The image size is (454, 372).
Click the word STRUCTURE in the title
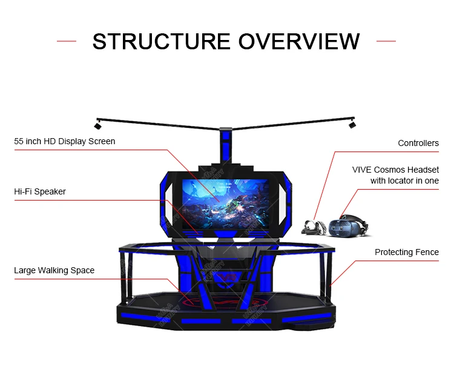click(x=161, y=41)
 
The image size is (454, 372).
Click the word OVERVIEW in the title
click(x=299, y=41)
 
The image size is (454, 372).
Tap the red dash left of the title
click(x=67, y=41)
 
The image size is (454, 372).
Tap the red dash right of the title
click(x=386, y=41)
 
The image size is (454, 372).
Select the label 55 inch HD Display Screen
click(x=65, y=141)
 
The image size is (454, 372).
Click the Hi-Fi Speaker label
click(x=40, y=191)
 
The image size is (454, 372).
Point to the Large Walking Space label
click(x=54, y=270)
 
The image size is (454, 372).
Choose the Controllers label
click(x=418, y=144)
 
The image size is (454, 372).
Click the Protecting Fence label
click(x=407, y=252)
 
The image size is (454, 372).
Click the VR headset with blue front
click(x=347, y=225)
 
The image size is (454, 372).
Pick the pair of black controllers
click(x=312, y=226)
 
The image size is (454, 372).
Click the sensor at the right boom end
click(x=352, y=124)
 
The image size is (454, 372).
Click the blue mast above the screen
click(x=226, y=145)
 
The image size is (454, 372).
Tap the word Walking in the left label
click(x=56, y=270)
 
